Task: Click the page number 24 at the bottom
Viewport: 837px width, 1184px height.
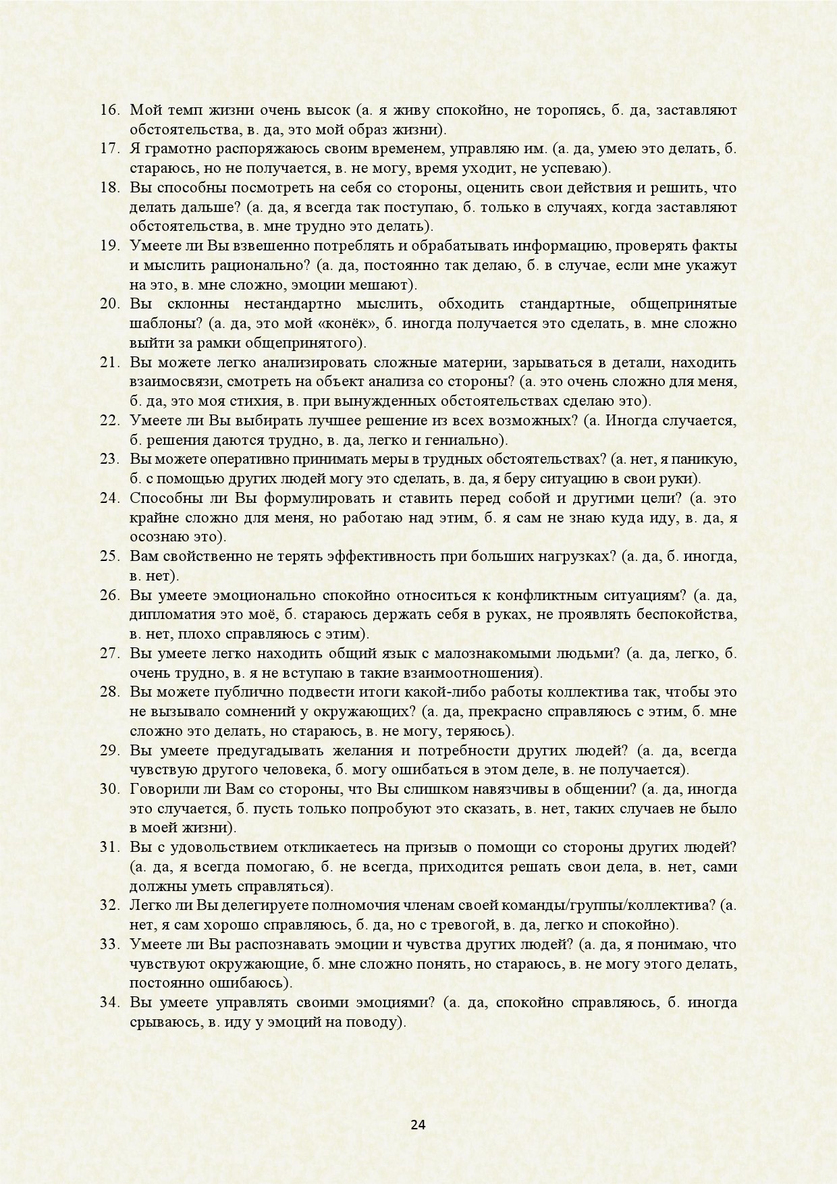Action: click(x=418, y=1125)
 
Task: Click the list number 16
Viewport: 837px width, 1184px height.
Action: click(x=109, y=109)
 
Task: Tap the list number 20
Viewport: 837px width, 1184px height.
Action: click(x=109, y=304)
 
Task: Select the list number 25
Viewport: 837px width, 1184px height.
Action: click(x=109, y=557)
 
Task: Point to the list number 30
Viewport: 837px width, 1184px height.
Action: click(x=109, y=789)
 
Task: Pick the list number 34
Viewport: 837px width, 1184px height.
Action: click(x=109, y=1002)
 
